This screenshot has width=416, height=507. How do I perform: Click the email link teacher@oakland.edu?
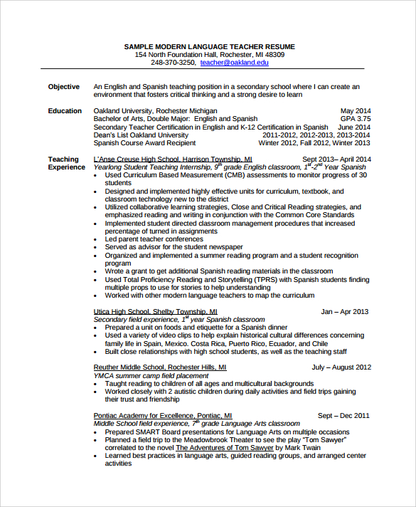[235, 63]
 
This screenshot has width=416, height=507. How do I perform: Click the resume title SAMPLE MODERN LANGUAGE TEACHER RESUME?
[209, 46]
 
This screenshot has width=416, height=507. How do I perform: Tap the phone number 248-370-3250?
[173, 63]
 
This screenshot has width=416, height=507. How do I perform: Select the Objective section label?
[64, 87]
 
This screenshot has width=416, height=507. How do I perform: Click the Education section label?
[65, 111]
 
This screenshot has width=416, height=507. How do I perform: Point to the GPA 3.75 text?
[355, 119]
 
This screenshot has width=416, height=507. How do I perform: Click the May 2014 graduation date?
[356, 111]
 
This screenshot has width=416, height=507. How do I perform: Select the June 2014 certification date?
[354, 127]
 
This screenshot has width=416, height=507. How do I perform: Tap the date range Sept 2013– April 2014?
[336, 160]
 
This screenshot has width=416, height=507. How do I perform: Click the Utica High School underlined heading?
[155, 312]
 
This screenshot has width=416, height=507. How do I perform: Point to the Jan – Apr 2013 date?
[345, 312]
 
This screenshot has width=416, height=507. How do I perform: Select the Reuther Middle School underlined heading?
[159, 367]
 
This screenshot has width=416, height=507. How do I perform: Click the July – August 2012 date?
[341, 367]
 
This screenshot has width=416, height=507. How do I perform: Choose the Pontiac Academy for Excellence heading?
[162, 415]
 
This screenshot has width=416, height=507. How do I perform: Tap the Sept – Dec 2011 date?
[343, 415]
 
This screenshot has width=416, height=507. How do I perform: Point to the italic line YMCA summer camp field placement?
[151, 375]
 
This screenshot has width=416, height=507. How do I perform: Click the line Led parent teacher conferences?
[154, 239]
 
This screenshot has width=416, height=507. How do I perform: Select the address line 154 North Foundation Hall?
[209, 54]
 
